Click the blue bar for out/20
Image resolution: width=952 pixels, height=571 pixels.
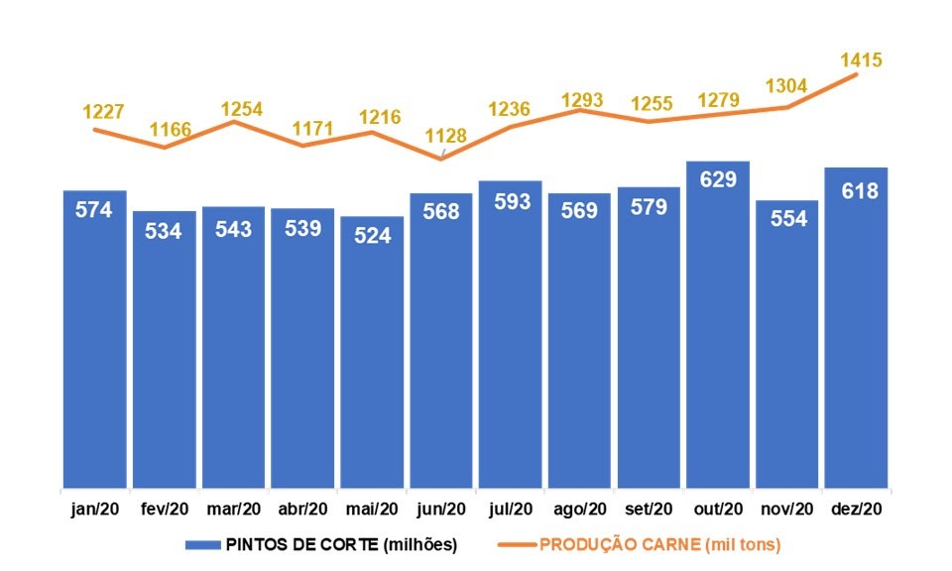tap(717, 327)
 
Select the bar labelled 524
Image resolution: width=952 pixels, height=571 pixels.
tap(372, 357)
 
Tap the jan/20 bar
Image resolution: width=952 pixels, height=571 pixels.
tap(94, 342)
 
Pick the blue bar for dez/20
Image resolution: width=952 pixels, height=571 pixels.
tap(856, 332)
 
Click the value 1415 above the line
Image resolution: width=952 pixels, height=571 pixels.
tap(861, 60)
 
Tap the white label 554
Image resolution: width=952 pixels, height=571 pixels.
tap(787, 220)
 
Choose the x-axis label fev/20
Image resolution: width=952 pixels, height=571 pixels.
tap(165, 510)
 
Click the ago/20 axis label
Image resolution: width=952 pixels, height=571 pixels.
tap(579, 510)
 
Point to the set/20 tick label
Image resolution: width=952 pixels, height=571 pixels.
tap(649, 510)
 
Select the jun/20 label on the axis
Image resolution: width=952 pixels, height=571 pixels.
tap(441, 510)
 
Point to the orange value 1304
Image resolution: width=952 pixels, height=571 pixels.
tap(787, 85)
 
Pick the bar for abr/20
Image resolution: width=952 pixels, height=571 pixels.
tap(302, 352)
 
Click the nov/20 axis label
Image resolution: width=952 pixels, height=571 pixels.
tap(787, 510)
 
